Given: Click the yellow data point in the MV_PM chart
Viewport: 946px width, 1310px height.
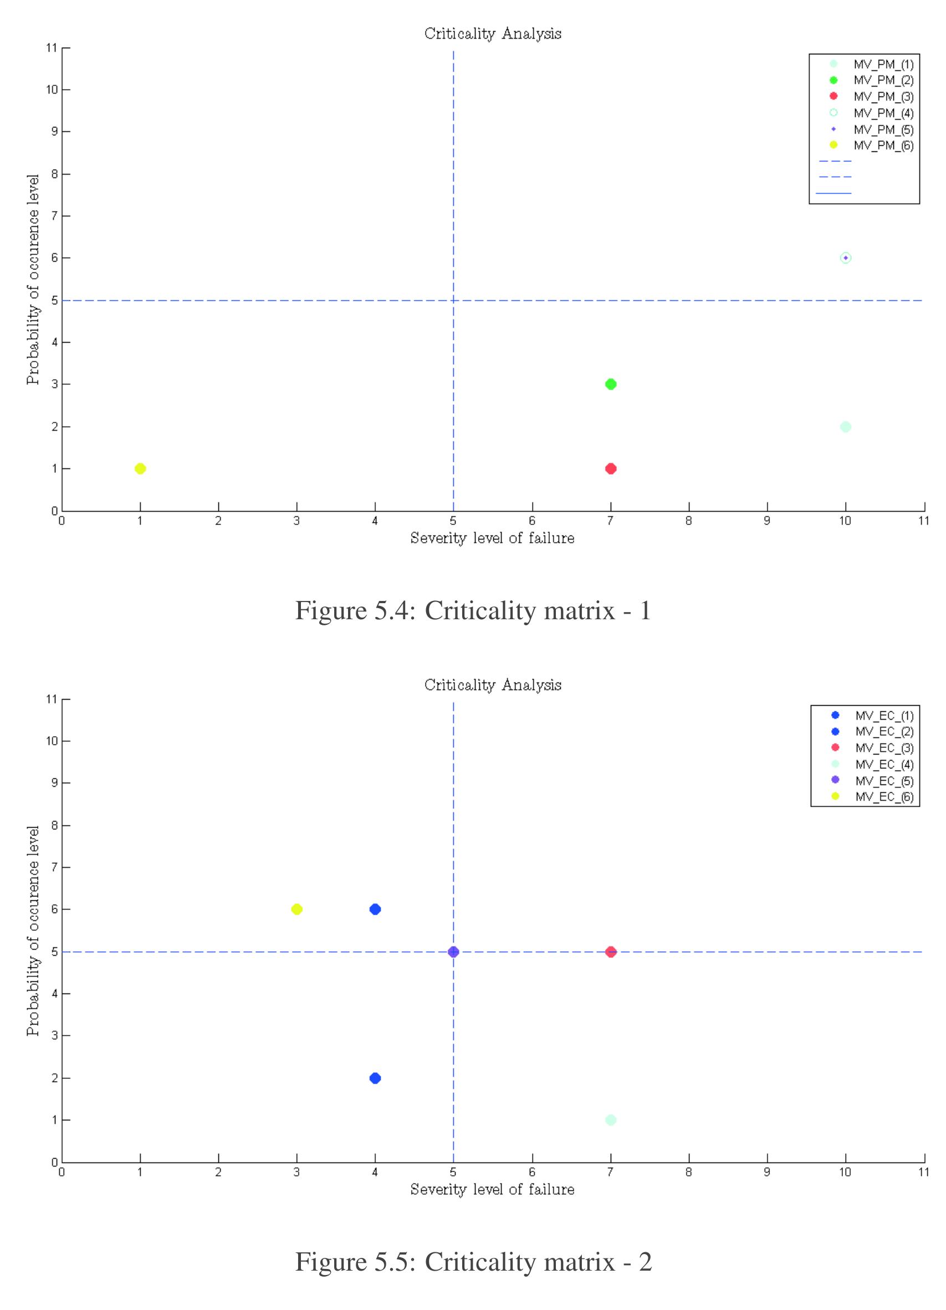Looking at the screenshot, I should point(140,468).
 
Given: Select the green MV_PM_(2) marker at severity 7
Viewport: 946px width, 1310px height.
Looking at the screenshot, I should point(611,384).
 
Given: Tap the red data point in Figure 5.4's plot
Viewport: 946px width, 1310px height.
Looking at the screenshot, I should point(611,468).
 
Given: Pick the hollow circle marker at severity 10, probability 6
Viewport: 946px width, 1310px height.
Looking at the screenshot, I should point(846,258).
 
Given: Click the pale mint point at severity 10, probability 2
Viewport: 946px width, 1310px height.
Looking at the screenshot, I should point(846,427).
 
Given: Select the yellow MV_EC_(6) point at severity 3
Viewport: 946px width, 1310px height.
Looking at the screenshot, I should point(297,909).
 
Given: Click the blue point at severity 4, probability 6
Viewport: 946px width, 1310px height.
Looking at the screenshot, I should point(375,909).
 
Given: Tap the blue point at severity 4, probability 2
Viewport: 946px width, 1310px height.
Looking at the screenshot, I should point(375,1078).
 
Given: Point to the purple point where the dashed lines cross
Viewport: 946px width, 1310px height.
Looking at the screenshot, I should point(453,952).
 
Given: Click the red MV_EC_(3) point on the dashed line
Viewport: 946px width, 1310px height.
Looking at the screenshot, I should point(611,952).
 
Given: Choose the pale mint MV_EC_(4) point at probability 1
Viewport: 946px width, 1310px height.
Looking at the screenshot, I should point(611,1120).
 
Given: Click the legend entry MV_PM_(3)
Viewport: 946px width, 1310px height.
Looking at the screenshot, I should point(883,96).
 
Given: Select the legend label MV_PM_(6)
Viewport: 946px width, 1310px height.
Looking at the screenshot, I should point(883,146).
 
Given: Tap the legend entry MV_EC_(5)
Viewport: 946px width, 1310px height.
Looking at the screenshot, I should point(884,781).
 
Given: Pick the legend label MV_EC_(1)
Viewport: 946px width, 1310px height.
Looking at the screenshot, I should point(884,716).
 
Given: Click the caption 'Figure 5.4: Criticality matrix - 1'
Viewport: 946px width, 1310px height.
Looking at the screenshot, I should point(473,610).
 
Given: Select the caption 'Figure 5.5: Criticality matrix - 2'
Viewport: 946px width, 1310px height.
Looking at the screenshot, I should point(473,1262).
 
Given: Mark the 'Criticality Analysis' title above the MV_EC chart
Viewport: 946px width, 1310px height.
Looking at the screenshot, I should point(493,685).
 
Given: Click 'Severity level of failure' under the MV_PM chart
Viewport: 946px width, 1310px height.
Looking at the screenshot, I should point(492,538).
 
